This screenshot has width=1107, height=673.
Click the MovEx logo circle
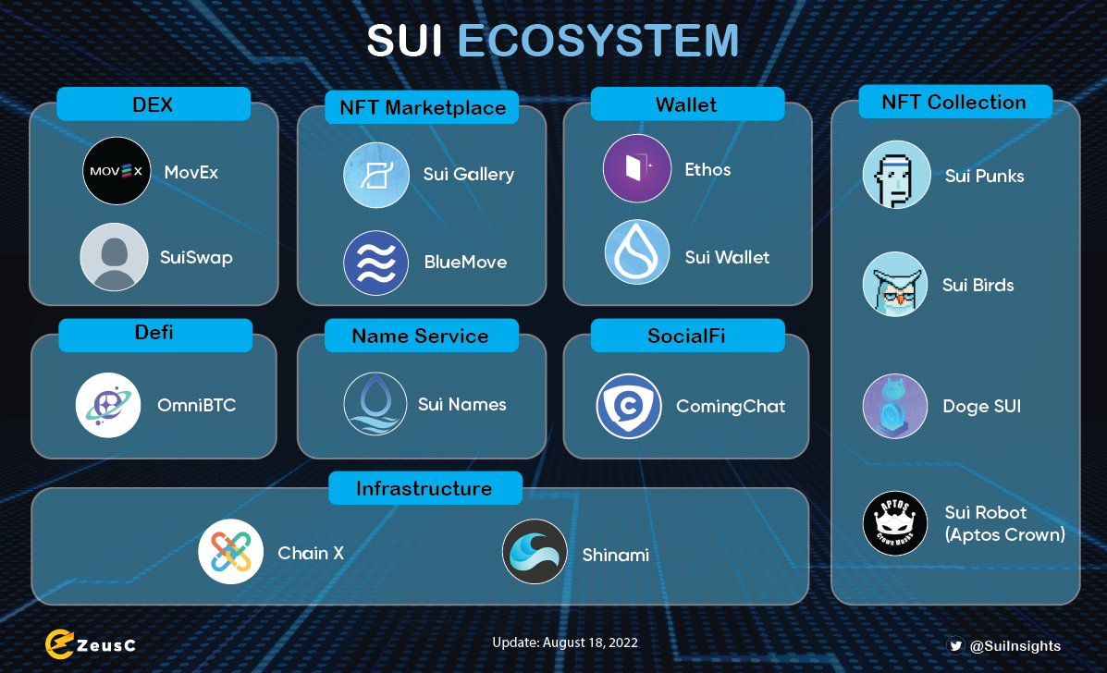tap(117, 171)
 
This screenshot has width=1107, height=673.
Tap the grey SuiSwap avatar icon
tap(114, 257)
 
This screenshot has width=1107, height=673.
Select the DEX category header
tap(153, 104)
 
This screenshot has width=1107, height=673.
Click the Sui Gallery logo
tap(376, 175)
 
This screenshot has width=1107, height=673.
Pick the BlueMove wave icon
tap(376, 263)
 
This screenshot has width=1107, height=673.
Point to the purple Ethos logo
tap(637, 168)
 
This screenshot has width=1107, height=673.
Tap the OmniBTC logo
tap(108, 404)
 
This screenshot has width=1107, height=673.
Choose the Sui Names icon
tap(375, 404)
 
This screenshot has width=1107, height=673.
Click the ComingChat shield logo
tap(629, 405)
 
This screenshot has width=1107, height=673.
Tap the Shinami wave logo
tap(535, 552)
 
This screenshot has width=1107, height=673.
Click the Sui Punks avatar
tap(896, 175)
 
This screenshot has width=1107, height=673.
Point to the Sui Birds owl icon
tap(896, 285)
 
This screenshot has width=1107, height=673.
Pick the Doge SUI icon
tap(896, 406)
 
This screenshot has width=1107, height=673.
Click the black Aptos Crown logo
tap(896, 523)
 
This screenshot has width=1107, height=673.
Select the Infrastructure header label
tap(424, 488)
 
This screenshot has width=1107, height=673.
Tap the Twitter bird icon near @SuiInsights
tap(956, 646)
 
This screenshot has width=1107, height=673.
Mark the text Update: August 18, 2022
tap(565, 642)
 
